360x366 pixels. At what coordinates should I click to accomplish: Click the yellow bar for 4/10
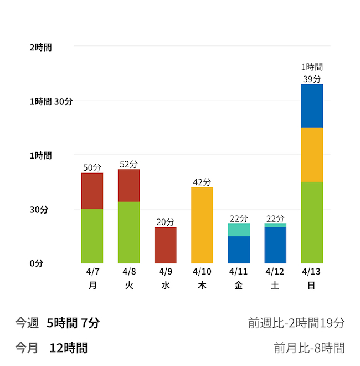pos(202,225)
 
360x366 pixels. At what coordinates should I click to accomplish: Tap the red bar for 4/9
pos(165,245)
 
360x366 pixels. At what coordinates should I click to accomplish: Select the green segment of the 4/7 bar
pos(92,236)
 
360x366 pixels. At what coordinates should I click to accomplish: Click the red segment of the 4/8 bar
pos(128,185)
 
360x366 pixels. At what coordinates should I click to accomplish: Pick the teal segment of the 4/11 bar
pos(238,230)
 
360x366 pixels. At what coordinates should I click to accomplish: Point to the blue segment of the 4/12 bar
pos(275,245)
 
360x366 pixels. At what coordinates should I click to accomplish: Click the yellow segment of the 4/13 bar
pos(312,154)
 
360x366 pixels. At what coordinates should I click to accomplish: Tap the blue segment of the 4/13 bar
pos(312,105)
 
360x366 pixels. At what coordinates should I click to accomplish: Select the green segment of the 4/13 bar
pos(312,222)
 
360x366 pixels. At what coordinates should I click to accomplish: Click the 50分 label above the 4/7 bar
pos(92,167)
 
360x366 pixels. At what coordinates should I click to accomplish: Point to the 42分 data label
pos(202,182)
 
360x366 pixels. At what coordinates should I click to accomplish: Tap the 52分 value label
pos(128,164)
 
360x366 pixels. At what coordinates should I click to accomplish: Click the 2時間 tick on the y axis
pos(40,48)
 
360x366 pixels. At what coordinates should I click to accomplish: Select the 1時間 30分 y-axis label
pos(51,101)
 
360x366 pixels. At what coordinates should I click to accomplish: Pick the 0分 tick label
pos(36,263)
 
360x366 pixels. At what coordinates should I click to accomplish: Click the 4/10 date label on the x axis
pos(202,272)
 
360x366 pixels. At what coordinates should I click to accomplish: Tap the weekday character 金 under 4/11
pos(238,286)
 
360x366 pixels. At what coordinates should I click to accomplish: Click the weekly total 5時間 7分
pos(73,323)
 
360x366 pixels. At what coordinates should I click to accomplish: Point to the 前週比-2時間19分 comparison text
pos(296,323)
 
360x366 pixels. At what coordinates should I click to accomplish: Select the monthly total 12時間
pos(68,348)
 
